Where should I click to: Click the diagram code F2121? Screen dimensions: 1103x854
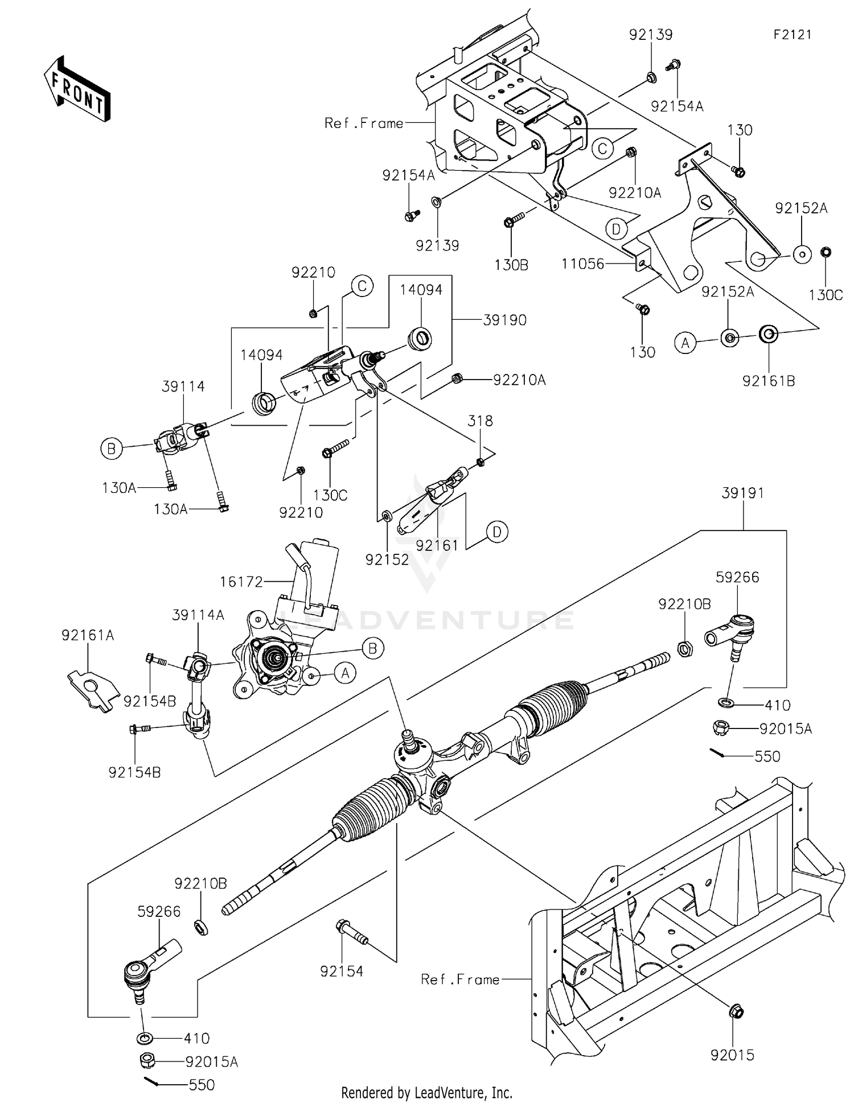[792, 35]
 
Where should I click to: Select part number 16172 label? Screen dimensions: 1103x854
[242, 582]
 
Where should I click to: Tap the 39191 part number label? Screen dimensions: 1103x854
[742, 493]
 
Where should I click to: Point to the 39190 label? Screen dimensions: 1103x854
[504, 320]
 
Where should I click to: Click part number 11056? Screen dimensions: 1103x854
[582, 264]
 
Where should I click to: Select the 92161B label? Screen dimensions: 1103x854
[768, 381]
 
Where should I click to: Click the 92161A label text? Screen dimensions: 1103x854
[88, 635]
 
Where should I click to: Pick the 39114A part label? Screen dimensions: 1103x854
[198, 615]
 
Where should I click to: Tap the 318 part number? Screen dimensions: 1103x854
[480, 421]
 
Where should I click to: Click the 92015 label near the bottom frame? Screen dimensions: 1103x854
[732, 1055]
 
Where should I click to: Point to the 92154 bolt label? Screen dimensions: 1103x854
[342, 972]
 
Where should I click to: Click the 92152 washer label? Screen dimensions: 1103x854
[387, 560]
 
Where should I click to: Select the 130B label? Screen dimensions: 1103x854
[511, 265]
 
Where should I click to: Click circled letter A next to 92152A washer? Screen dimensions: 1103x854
[685, 343]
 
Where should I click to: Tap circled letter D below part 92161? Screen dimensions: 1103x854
[497, 532]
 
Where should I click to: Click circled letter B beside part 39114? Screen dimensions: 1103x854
[111, 449]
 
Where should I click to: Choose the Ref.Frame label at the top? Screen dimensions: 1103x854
[363, 123]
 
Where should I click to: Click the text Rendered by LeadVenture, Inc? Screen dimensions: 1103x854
[426, 1093]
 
